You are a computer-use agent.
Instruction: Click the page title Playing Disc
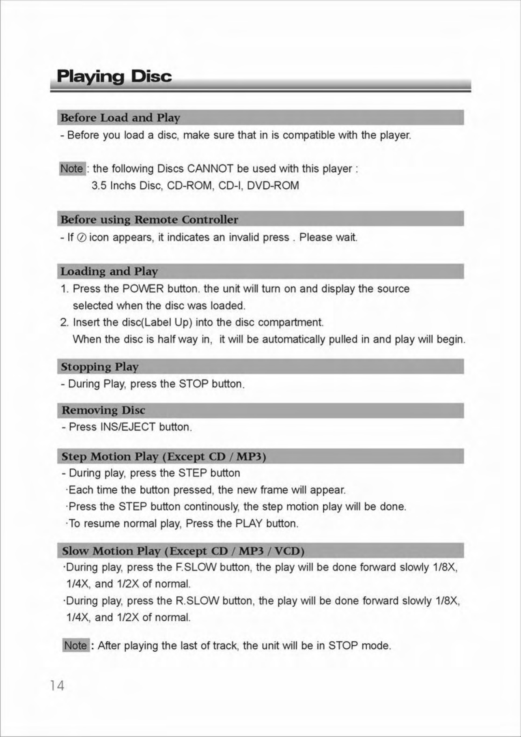click(x=114, y=77)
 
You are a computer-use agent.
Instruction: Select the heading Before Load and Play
click(x=120, y=118)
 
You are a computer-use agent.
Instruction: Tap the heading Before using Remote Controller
click(x=149, y=220)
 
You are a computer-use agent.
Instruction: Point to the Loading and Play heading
click(x=109, y=271)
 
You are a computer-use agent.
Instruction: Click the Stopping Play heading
click(x=100, y=367)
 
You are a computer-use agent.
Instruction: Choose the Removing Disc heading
click(x=103, y=410)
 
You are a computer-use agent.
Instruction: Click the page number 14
click(x=57, y=686)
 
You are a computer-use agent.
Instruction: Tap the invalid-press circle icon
click(x=81, y=238)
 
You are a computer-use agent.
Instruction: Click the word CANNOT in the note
click(x=210, y=169)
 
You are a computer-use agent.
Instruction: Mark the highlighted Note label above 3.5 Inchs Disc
click(x=72, y=169)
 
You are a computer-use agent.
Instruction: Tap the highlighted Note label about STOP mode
click(x=76, y=645)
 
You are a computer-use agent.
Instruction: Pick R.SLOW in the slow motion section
click(x=197, y=600)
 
